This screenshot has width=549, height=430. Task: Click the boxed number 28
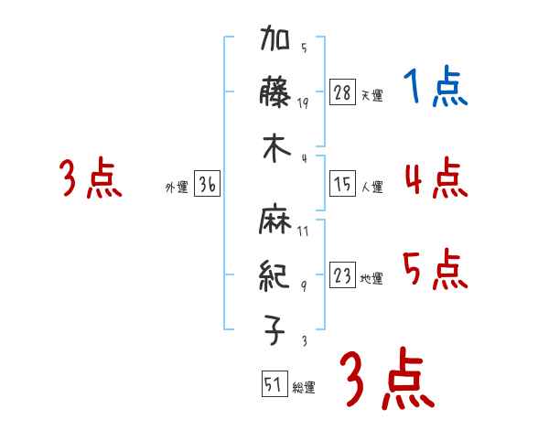(342, 92)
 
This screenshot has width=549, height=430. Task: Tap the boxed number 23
(342, 275)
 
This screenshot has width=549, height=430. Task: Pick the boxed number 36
(207, 185)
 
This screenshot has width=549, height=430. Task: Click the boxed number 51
(273, 384)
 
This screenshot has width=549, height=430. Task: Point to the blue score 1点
(435, 88)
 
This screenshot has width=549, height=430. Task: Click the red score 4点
(435, 178)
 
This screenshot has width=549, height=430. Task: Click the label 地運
(371, 278)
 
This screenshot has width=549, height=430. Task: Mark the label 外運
(176, 188)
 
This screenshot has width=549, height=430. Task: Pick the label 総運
(303, 388)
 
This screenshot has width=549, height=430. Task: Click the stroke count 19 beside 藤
(304, 102)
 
